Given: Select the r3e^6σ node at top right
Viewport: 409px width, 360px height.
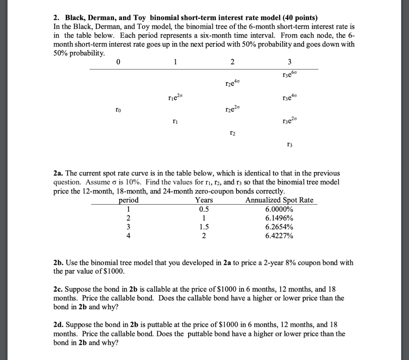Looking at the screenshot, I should [290, 74].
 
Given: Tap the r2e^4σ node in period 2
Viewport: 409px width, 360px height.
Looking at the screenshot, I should [232, 84].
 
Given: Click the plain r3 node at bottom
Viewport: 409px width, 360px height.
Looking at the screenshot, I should [290, 145].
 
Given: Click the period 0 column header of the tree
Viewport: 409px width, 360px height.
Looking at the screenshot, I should [118, 62].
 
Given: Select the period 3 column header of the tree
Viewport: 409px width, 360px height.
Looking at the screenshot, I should [290, 62].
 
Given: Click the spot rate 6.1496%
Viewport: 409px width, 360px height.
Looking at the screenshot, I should [279, 218].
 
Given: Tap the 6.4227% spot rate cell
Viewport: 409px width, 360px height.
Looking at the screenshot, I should [279, 236].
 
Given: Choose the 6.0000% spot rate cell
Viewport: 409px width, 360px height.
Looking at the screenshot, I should [279, 209].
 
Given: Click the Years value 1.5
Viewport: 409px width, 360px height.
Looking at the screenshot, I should [204, 227].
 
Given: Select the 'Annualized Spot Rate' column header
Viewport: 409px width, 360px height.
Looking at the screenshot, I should [280, 200].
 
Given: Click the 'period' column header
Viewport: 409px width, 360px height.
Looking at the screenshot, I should [129, 200].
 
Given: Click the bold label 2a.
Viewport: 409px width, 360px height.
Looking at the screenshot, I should [58, 173].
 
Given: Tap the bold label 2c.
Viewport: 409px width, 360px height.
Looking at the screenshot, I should [58, 289].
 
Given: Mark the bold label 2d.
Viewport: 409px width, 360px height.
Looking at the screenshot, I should [58, 325].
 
